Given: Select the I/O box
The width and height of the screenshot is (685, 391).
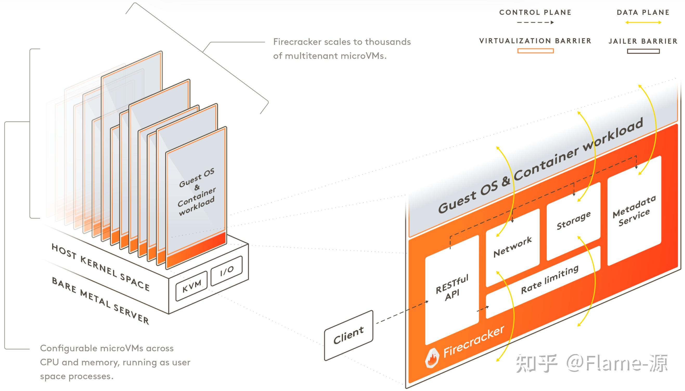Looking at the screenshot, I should [x=227, y=271].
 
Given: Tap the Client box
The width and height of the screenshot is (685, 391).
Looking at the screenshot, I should [x=348, y=335].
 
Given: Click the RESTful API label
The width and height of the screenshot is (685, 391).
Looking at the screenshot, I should [x=452, y=287].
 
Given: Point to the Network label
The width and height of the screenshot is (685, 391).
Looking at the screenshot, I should [x=513, y=247].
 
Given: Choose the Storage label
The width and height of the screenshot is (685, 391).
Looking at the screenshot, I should [x=573, y=220].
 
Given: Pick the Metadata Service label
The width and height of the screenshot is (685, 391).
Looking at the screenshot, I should [x=634, y=211].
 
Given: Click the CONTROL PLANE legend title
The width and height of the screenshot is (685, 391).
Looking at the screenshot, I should [x=535, y=12].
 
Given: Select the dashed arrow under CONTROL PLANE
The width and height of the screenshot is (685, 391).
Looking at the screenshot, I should [x=535, y=23].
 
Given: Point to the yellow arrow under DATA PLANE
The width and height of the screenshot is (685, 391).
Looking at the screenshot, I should [x=643, y=23].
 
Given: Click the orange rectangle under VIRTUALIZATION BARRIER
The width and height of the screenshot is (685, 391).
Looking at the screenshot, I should [x=535, y=51].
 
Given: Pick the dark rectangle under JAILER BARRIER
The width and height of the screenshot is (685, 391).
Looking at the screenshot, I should [x=643, y=51].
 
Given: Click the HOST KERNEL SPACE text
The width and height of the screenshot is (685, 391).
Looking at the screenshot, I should [x=100, y=268].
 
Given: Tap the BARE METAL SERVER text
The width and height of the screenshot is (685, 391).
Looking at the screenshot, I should [x=100, y=301].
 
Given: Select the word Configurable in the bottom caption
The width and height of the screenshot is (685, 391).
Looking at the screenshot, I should [x=68, y=348].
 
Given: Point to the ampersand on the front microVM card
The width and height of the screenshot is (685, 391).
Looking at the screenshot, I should [x=197, y=187].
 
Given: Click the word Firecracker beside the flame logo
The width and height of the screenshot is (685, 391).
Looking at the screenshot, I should [x=474, y=342].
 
